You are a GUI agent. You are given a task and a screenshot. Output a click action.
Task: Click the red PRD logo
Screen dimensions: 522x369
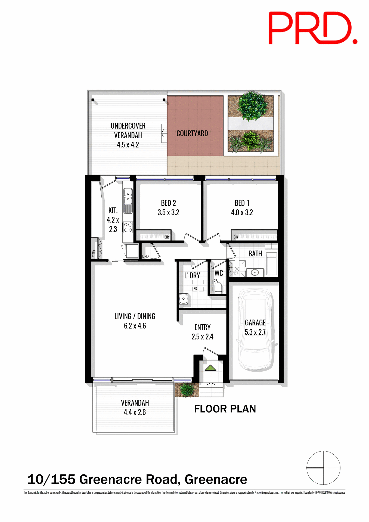click(313, 28)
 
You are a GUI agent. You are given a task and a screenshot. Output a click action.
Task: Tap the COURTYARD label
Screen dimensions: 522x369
click(192, 133)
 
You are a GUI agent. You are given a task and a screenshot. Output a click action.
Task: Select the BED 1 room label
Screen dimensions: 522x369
click(242, 203)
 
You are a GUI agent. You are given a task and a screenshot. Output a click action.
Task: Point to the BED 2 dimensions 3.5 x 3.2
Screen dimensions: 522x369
click(168, 213)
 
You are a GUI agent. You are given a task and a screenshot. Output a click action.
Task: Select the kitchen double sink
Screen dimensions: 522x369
click(128, 197)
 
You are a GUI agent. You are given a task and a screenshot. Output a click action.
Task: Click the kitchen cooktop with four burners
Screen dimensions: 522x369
click(128, 227)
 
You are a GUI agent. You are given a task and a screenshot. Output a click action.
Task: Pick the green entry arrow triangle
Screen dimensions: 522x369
click(210, 368)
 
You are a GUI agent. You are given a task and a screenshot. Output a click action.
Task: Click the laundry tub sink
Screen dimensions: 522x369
click(184, 299)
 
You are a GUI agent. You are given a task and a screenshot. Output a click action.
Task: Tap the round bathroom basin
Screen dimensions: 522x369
click(255, 272)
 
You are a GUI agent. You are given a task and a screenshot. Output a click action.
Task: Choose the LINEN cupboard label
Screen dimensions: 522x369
click(146, 256)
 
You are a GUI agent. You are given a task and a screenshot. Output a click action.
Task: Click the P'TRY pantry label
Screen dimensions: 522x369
click(94, 253)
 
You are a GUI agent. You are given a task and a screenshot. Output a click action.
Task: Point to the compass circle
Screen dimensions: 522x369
click(323, 468)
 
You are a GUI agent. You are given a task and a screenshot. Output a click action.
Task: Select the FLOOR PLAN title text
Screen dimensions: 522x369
click(225, 409)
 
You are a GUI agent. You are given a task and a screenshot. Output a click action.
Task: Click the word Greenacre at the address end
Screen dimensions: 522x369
click(216, 480)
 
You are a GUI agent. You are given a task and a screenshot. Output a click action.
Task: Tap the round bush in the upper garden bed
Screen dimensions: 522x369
click(251, 106)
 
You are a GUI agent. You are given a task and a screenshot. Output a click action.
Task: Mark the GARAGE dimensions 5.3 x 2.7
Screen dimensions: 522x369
click(255, 332)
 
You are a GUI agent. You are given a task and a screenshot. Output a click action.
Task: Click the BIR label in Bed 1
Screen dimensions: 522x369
click(236, 237)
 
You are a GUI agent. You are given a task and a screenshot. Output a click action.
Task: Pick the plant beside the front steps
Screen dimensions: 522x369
click(187, 389)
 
